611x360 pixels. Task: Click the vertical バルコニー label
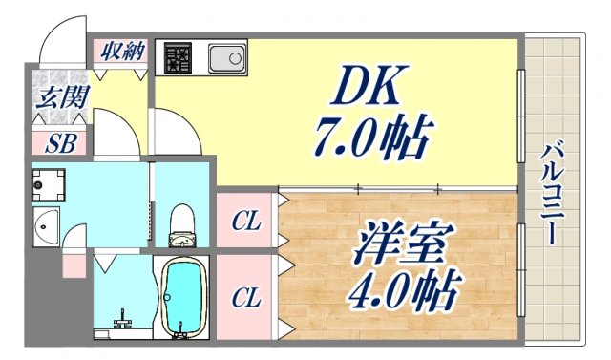[x=552, y=192]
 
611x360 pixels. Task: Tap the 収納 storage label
[x=122, y=51]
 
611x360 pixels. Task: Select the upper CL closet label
[x=246, y=222]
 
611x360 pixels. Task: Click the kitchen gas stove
[x=178, y=58]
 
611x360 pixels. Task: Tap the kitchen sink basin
[x=227, y=58]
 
